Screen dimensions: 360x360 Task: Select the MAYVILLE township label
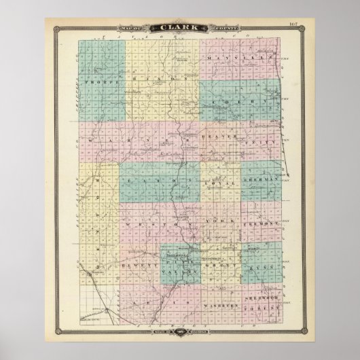(x=240, y=60)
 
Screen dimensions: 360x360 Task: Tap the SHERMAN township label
(x=260, y=178)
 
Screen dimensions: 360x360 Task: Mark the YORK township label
(x=227, y=221)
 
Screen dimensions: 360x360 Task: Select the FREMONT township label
(x=262, y=221)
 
